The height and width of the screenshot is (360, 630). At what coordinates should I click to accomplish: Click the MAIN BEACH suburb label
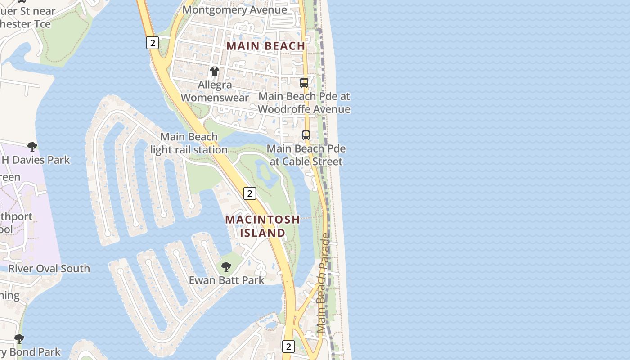266,46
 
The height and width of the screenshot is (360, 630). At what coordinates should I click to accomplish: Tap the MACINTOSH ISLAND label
263,226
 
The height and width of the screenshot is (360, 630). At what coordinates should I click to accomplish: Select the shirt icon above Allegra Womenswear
215,72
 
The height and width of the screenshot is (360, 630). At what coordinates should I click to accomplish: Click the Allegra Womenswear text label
215,91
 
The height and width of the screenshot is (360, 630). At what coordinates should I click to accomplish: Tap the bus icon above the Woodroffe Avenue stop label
304,83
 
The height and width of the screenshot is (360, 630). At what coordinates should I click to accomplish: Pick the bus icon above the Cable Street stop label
306,135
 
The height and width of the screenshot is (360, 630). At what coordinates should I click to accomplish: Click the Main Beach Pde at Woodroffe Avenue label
304,103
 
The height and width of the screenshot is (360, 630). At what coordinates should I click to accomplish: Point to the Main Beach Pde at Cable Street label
306,155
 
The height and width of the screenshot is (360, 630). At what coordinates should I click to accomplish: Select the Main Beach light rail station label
189,143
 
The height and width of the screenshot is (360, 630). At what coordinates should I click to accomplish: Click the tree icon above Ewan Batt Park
226,267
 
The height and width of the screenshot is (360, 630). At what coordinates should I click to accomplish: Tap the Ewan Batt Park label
226,280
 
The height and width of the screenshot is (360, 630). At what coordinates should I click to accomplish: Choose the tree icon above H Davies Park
32,146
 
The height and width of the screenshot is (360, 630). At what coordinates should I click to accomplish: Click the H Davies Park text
36,160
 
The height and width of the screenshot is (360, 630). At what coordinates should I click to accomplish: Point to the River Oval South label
49,269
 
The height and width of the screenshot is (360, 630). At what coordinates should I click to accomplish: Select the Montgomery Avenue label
235,9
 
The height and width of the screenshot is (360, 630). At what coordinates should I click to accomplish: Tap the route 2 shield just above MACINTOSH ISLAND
249,193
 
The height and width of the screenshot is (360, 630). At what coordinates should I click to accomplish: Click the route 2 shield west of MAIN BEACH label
153,43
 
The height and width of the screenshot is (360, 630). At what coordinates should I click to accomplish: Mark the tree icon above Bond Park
19,338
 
